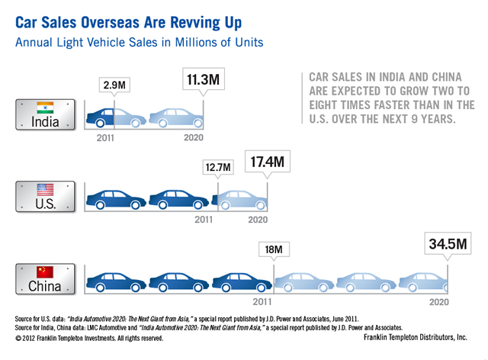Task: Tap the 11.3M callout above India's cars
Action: pos(203,79)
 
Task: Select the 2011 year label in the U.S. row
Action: pos(204,220)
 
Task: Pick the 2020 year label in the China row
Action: pos(438,302)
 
